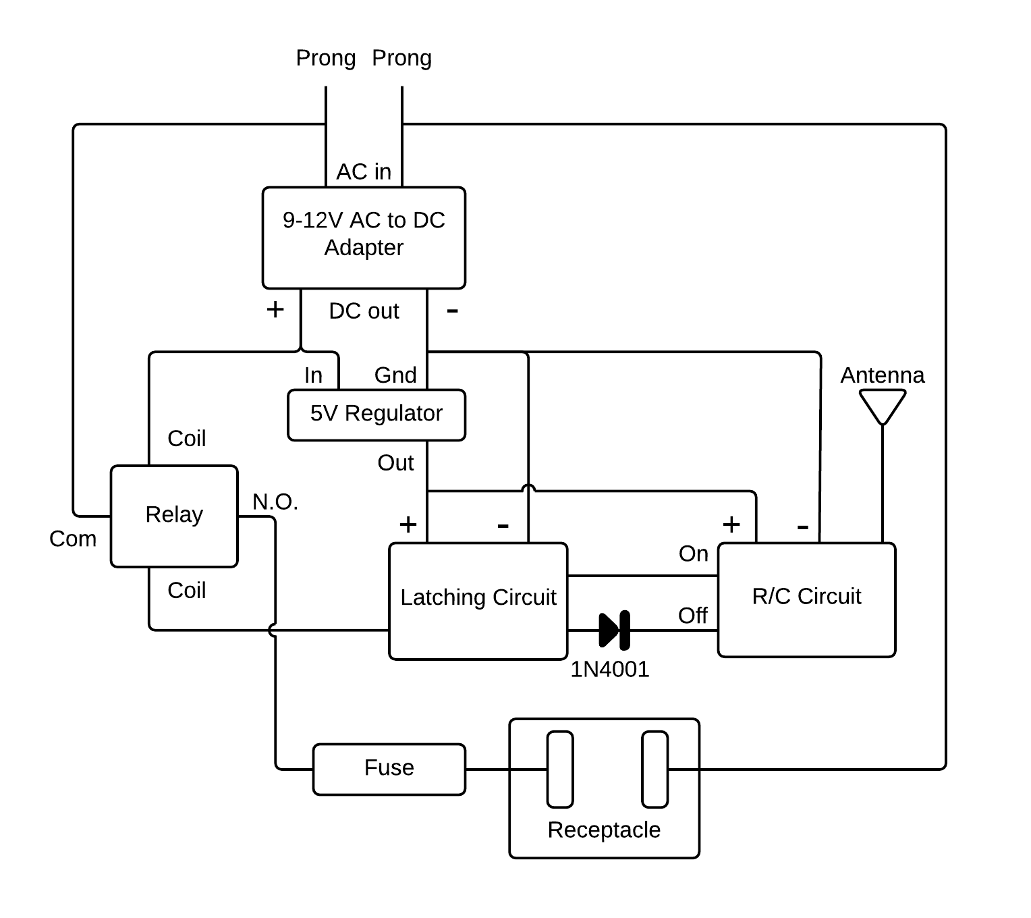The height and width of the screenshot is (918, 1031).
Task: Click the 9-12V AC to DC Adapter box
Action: (x=364, y=238)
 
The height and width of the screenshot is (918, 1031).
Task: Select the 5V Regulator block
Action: (x=376, y=414)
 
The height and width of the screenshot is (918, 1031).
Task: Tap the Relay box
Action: (x=174, y=516)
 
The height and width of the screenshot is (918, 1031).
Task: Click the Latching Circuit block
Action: (x=478, y=601)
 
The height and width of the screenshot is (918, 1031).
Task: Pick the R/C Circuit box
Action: (x=806, y=599)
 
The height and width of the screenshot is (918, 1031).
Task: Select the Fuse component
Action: (x=389, y=769)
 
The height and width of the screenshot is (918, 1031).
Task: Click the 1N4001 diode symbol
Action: (x=615, y=630)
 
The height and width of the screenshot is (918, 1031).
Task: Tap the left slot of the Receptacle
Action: (x=560, y=769)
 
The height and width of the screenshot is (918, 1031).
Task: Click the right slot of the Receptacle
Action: (x=654, y=769)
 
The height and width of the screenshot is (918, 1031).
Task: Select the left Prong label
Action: (x=326, y=59)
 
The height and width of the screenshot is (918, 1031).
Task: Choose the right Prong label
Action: (x=401, y=59)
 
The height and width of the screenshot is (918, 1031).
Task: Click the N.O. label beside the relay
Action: (x=275, y=502)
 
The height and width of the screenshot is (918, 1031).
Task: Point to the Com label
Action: (x=73, y=539)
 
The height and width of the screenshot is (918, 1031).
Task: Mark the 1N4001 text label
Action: (x=610, y=670)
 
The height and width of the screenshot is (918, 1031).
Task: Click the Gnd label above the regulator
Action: (x=395, y=375)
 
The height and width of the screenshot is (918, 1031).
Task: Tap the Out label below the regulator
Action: (x=395, y=463)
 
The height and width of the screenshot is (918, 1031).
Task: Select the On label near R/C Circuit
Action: (x=694, y=554)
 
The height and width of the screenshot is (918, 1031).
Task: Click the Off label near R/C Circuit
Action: (x=693, y=616)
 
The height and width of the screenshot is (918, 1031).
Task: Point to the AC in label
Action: (x=364, y=172)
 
